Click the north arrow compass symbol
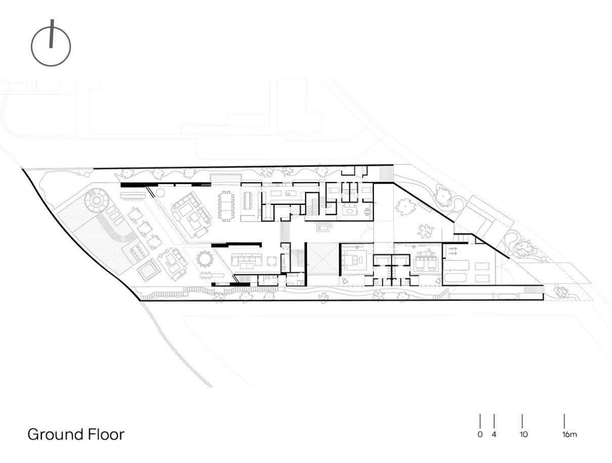pos(51,45)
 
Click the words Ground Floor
pos(76,434)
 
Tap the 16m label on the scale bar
pos(569,434)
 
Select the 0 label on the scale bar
pos(479,434)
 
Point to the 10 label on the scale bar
pos(523,434)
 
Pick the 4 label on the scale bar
pos(494,434)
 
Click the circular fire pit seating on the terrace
pos(96,201)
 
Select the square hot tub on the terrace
pos(147,270)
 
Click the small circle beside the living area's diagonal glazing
pos(161,192)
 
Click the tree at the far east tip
pos(561,291)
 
